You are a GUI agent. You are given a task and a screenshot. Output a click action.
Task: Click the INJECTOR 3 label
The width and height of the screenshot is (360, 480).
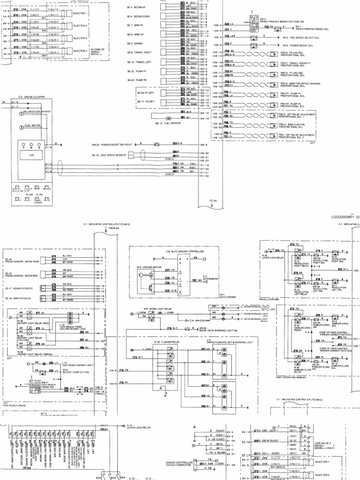[80, 38]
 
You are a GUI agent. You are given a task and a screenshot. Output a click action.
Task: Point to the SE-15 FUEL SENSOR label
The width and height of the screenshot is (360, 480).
[168, 123]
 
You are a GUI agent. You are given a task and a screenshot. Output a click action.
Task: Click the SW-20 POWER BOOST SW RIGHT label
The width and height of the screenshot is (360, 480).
[112, 145]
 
